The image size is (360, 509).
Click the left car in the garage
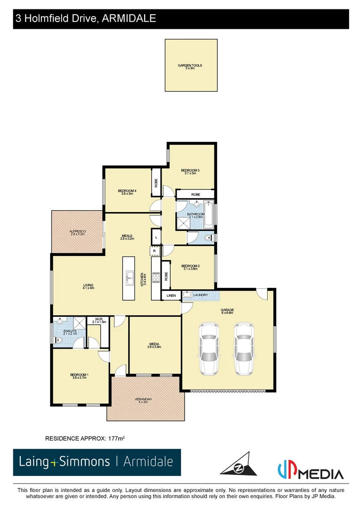click(209, 348)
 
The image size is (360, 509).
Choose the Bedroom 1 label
click(80, 376)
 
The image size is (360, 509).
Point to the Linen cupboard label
click(171, 296)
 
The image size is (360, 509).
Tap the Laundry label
click(201, 295)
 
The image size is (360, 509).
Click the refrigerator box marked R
click(155, 251)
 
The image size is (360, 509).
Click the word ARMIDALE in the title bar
click(128, 19)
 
